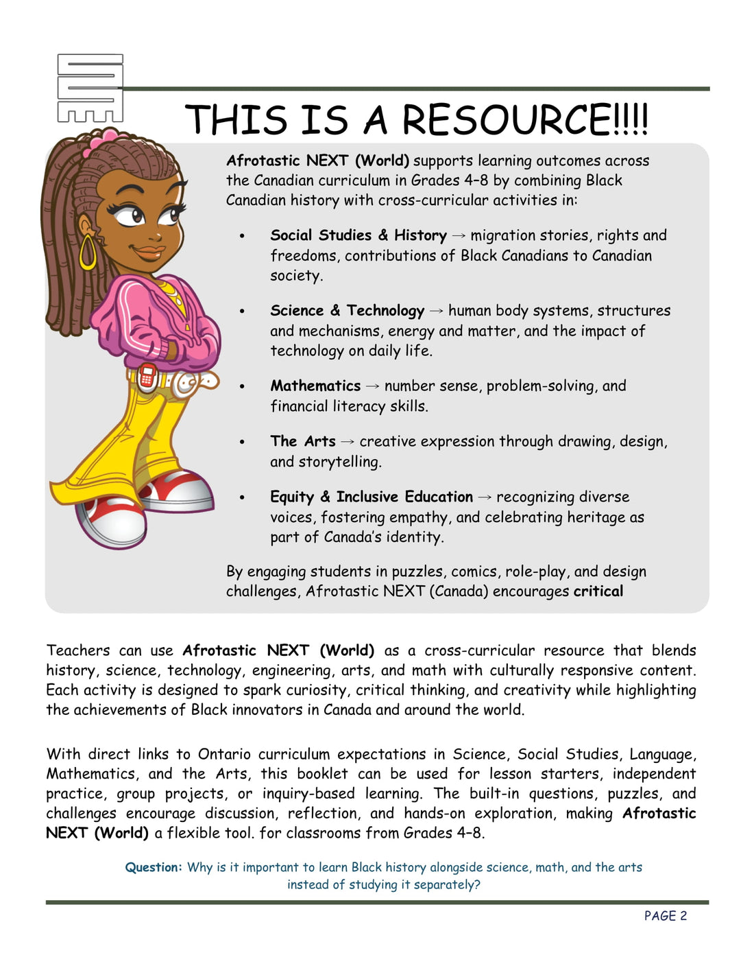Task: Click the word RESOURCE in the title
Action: (x=505, y=120)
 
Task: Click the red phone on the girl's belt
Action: (x=146, y=376)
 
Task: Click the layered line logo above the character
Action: (x=90, y=89)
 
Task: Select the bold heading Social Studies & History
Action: (x=358, y=235)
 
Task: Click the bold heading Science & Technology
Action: (x=347, y=311)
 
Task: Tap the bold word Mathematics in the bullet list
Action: (x=315, y=386)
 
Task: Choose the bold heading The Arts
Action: (x=303, y=441)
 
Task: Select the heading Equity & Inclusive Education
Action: (x=371, y=497)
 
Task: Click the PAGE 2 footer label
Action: (x=665, y=916)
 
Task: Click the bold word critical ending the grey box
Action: (x=598, y=591)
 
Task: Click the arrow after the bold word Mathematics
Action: (x=372, y=386)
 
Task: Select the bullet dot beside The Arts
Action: (x=242, y=443)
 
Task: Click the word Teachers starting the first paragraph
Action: (x=77, y=650)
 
